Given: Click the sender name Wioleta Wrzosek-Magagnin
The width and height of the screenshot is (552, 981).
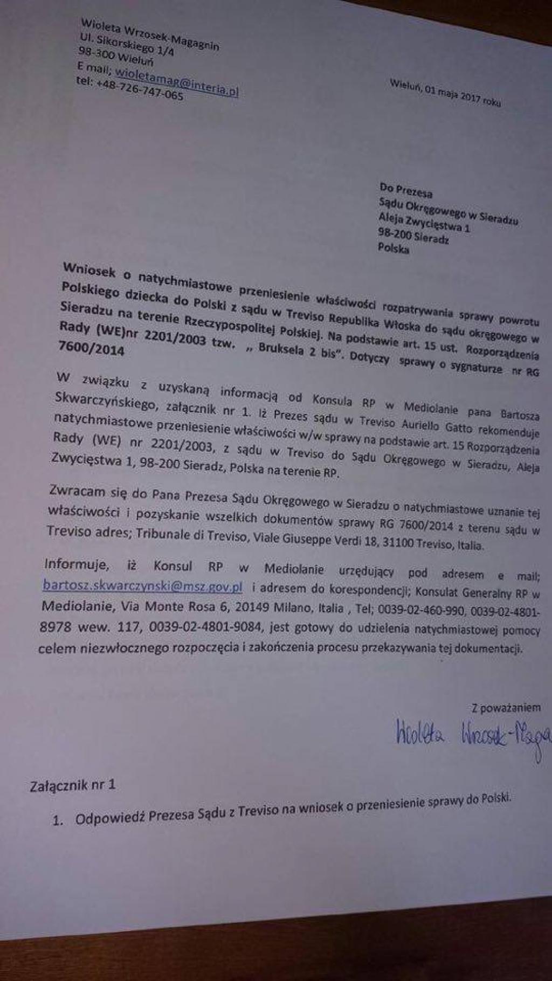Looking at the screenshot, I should pyautogui.click(x=150, y=34).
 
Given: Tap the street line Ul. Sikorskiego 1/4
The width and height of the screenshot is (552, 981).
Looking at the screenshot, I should pyautogui.click(x=127, y=45).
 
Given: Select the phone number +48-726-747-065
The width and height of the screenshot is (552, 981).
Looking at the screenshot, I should pyautogui.click(x=140, y=89).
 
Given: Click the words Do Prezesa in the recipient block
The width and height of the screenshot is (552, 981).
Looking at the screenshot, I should pyautogui.click(x=405, y=190).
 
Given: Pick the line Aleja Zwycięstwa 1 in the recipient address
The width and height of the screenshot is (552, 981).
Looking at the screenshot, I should pyautogui.click(x=424, y=223).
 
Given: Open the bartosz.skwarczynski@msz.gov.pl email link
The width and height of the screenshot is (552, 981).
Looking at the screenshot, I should pyautogui.click(x=142, y=586).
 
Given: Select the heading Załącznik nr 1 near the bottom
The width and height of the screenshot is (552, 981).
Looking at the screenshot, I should pyautogui.click(x=73, y=785).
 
